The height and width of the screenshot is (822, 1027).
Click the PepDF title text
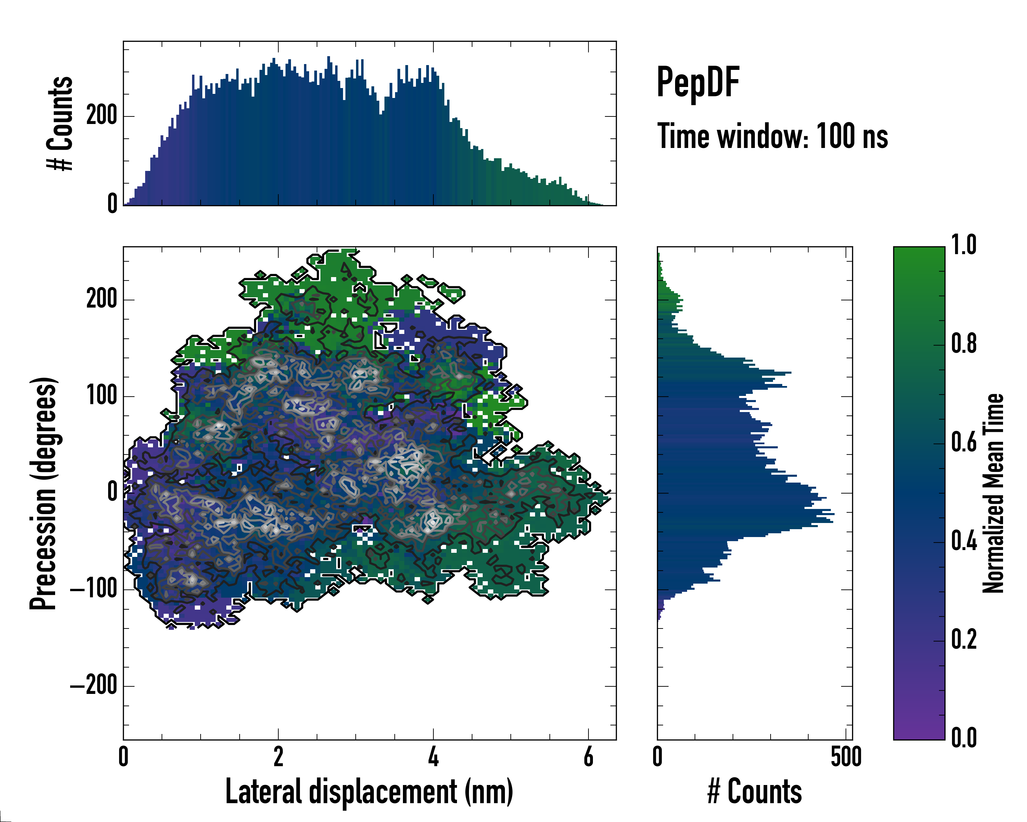pyautogui.click(x=697, y=83)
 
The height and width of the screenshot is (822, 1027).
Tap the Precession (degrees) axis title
pyautogui.click(x=43, y=493)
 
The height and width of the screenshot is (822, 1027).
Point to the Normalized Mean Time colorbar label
pyautogui.click(x=993, y=493)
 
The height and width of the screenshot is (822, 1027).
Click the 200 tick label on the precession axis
pyautogui.click(x=101, y=299)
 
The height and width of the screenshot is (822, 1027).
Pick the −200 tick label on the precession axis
pyautogui.click(x=94, y=686)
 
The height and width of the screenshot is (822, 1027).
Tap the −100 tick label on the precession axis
pyautogui.click(x=94, y=589)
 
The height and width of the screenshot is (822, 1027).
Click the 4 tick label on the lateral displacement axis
pyautogui.click(x=433, y=757)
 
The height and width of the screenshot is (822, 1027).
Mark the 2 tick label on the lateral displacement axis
pyautogui.click(x=278, y=757)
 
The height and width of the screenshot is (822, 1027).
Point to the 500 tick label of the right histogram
pyautogui.click(x=846, y=757)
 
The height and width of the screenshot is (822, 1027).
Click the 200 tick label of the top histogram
pyautogui.click(x=101, y=116)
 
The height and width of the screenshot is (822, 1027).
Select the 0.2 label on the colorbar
pyautogui.click(x=964, y=639)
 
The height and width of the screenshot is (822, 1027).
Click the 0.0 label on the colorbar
pyautogui.click(x=964, y=738)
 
